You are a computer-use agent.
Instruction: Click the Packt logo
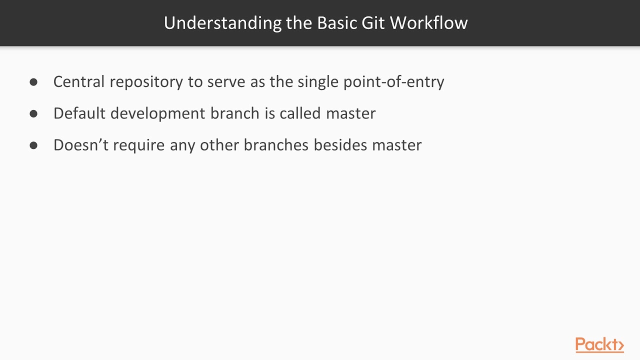point(599,345)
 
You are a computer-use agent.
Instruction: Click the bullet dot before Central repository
point(33,82)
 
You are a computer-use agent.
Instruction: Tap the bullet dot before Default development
point(33,113)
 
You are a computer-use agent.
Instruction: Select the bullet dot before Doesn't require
point(33,145)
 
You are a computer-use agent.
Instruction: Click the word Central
point(79,81)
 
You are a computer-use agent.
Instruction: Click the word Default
point(79,113)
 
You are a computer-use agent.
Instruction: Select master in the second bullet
point(350,113)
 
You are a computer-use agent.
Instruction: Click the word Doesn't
point(80,145)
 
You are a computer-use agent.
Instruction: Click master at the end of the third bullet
point(396,145)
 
